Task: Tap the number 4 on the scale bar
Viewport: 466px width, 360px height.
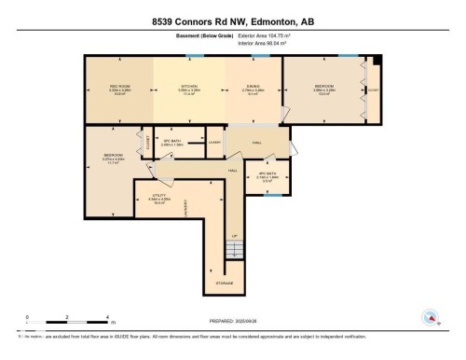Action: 108,317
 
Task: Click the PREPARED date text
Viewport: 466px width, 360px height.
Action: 238,319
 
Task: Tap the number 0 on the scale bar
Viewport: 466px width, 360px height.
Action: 28,317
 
